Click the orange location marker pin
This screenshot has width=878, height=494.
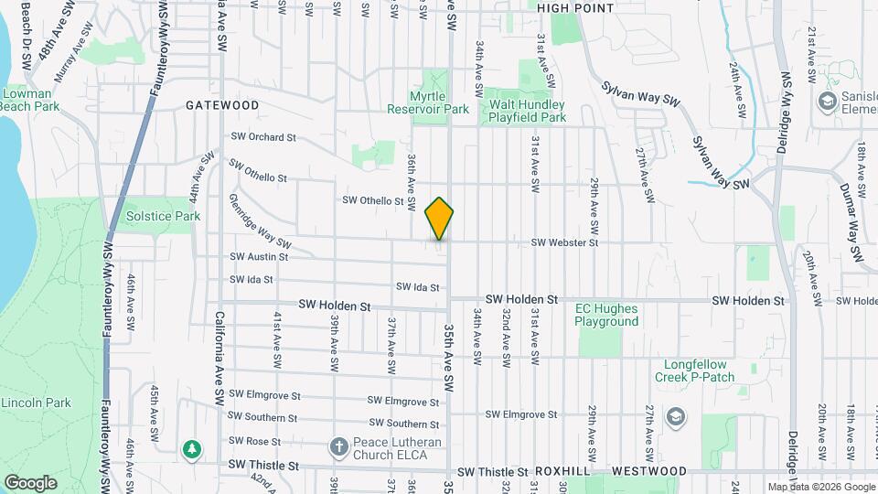click(x=440, y=219)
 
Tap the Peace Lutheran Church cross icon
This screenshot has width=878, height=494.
click(x=337, y=448)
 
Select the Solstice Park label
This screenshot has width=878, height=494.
click(x=162, y=217)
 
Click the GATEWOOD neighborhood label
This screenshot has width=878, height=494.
click(x=222, y=105)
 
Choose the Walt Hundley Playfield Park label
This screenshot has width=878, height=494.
click(x=527, y=111)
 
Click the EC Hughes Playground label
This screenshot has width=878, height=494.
click(x=606, y=315)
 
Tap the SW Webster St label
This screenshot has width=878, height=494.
click(x=565, y=243)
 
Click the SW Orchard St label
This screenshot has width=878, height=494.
click(x=262, y=137)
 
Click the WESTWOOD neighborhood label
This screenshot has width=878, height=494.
click(x=648, y=471)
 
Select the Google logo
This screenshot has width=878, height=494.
click(x=30, y=482)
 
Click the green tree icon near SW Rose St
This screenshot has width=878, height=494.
click(x=192, y=448)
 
